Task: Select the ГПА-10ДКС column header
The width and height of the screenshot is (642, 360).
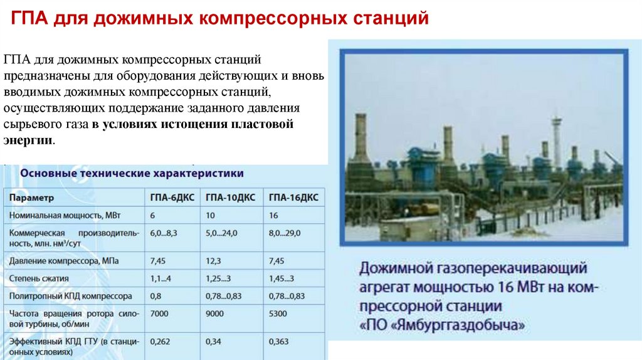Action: coord(230,198)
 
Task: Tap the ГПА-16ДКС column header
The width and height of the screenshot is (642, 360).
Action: coord(293,198)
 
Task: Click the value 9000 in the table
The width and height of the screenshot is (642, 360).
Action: coord(215,312)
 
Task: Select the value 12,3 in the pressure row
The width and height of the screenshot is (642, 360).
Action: coord(214,260)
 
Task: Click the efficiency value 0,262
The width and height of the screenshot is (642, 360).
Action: coord(161,342)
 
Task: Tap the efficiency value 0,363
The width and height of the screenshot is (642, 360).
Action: coord(279,342)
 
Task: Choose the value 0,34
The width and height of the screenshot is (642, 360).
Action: coord(214,342)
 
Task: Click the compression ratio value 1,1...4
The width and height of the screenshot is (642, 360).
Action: coord(161,277)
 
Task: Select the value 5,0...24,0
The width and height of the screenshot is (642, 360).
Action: coord(222,233)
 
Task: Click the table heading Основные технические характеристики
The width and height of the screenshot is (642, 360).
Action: coord(132,172)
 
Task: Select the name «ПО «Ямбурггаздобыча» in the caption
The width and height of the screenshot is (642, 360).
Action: coord(442,326)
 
